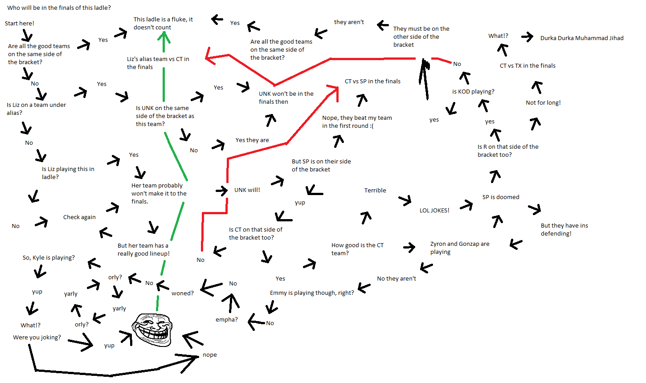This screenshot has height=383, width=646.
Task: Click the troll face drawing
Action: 151,329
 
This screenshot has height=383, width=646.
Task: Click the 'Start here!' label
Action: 20,23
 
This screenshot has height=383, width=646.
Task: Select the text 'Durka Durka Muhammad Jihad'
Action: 582,38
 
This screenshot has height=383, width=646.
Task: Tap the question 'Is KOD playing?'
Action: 473,91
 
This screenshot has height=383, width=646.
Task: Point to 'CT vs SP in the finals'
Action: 372,81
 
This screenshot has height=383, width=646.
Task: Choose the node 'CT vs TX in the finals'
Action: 527,65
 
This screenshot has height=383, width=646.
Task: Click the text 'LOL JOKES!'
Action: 434,210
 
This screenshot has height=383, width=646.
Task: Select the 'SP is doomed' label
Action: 501,197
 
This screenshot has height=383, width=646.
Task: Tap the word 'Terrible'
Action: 375,190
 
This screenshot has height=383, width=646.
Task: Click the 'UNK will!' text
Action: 247,190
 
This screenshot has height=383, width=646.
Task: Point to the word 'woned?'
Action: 183,293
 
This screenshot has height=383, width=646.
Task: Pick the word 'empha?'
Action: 227,319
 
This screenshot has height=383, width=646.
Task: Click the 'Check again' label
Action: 79,217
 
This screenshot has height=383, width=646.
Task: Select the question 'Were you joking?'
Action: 37,337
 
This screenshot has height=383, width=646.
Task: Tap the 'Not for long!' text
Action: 543,102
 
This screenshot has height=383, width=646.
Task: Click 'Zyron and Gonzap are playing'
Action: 459,248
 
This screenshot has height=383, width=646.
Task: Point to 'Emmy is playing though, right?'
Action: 312,293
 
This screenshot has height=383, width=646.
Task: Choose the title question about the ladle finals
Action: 59,8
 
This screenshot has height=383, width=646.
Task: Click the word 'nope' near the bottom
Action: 210,354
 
